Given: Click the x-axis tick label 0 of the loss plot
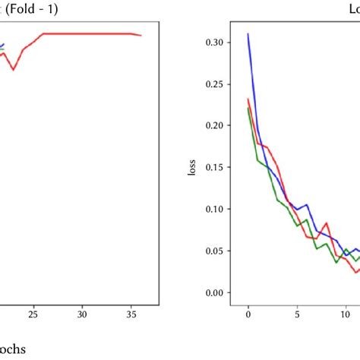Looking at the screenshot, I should pyautogui.click(x=248, y=312).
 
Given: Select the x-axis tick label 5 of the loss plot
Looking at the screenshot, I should pyautogui.click(x=297, y=312).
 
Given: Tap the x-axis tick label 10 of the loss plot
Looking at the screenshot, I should pyautogui.click(x=346, y=312).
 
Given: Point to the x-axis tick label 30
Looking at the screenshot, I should pyautogui.click(x=83, y=312).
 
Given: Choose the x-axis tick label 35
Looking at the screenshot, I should pyautogui.click(x=131, y=312).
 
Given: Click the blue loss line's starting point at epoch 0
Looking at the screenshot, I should pyautogui.click(x=248, y=34).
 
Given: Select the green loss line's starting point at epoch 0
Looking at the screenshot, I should pyautogui.click(x=248, y=108).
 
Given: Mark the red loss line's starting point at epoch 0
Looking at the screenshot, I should pyautogui.click(x=248, y=99).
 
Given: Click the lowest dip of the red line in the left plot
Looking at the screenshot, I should pyautogui.click(x=14, y=70).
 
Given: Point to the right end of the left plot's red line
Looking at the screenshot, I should pyautogui.click(x=141, y=35).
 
